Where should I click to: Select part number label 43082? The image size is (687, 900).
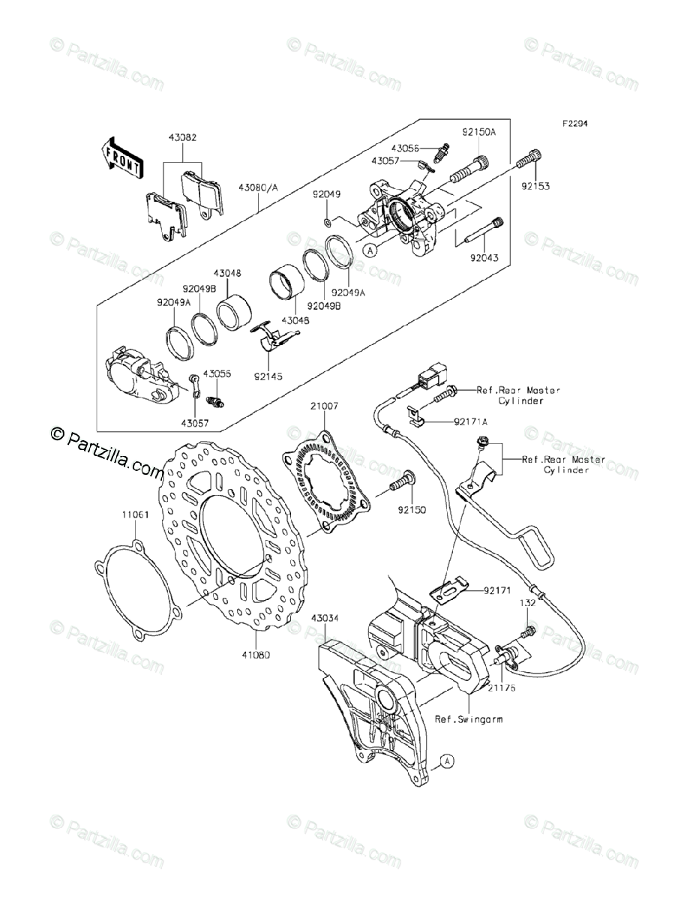(182, 138)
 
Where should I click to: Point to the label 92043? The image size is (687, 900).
(484, 257)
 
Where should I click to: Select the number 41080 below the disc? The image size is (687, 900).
(255, 654)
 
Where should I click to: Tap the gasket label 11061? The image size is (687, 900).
(136, 515)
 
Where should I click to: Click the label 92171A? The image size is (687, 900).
(470, 422)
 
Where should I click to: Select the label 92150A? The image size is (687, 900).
(478, 132)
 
